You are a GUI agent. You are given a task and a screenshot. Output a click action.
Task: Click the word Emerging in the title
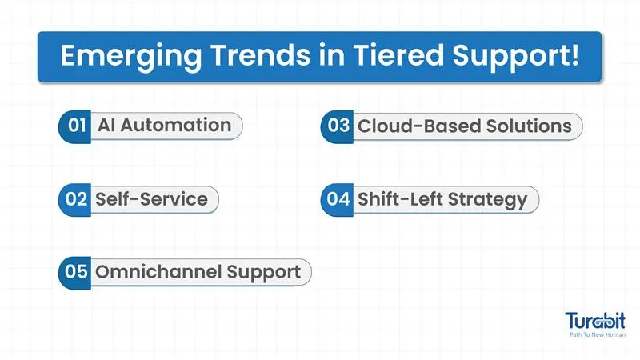[131, 57]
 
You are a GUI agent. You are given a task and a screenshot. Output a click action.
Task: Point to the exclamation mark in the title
[574, 54]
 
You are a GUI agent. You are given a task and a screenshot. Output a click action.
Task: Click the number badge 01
[75, 126]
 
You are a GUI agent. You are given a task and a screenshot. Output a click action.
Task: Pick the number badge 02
[75, 199]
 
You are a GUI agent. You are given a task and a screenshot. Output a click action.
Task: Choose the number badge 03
[337, 126]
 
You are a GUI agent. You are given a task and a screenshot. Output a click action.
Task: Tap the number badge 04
[337, 199]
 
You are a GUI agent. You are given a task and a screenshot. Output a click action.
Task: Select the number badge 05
[75, 273]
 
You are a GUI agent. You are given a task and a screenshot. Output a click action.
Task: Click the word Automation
[176, 126]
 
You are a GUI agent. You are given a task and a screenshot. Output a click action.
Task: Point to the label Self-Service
[151, 199]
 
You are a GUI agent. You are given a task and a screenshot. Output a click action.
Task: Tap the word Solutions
[529, 126]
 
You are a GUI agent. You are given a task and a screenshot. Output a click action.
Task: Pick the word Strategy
[488, 201]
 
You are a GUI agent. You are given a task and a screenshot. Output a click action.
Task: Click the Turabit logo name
[595, 321]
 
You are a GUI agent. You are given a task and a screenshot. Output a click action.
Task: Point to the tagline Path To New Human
[597, 334]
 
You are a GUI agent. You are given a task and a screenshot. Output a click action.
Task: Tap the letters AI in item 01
[106, 126]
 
